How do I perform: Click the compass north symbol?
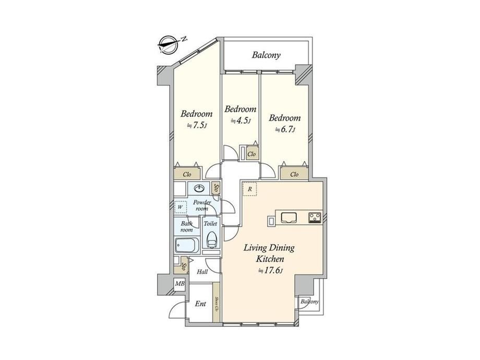coord(169,45)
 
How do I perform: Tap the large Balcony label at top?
coord(266,55)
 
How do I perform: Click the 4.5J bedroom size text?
coord(241,121)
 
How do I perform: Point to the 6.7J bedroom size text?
coord(285,129)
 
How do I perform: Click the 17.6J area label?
coord(271,271)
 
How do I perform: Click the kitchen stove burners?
coord(315,218)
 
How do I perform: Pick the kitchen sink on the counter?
coord(289,217)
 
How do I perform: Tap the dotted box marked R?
coord(249,189)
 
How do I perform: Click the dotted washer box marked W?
coord(181,207)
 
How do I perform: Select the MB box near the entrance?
coord(179,284)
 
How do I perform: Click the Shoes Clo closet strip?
coord(217,303)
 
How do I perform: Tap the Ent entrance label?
coord(200,304)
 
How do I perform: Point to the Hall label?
coord(202,272)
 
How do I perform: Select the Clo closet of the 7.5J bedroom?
coord(187,174)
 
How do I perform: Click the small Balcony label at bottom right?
coord(309,302)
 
